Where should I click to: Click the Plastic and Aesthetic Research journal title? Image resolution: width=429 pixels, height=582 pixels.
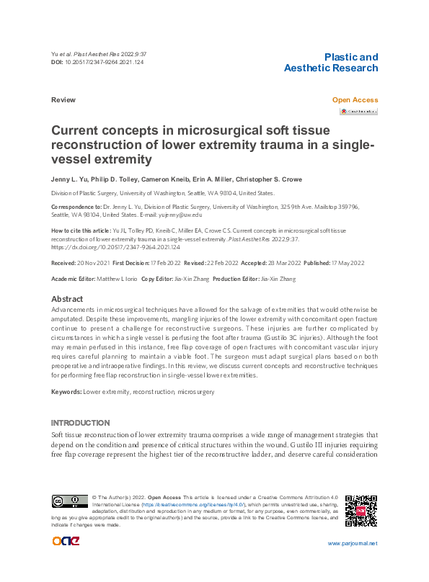click(331, 63)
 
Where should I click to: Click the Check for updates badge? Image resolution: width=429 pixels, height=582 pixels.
click(358, 112)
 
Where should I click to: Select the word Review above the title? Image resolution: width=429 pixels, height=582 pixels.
click(63, 100)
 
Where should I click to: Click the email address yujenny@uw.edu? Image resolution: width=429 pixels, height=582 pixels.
click(180, 215)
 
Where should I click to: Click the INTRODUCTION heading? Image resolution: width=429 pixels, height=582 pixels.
click(81, 423)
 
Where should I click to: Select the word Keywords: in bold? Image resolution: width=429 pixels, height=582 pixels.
click(66, 392)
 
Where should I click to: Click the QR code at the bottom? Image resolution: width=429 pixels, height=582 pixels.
click(361, 510)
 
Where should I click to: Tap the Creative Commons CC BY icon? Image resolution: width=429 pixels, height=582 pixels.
click(69, 502)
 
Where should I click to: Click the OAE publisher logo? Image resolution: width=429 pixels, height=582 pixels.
click(66, 542)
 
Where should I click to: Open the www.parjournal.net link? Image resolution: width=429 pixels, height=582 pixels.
click(353, 543)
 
